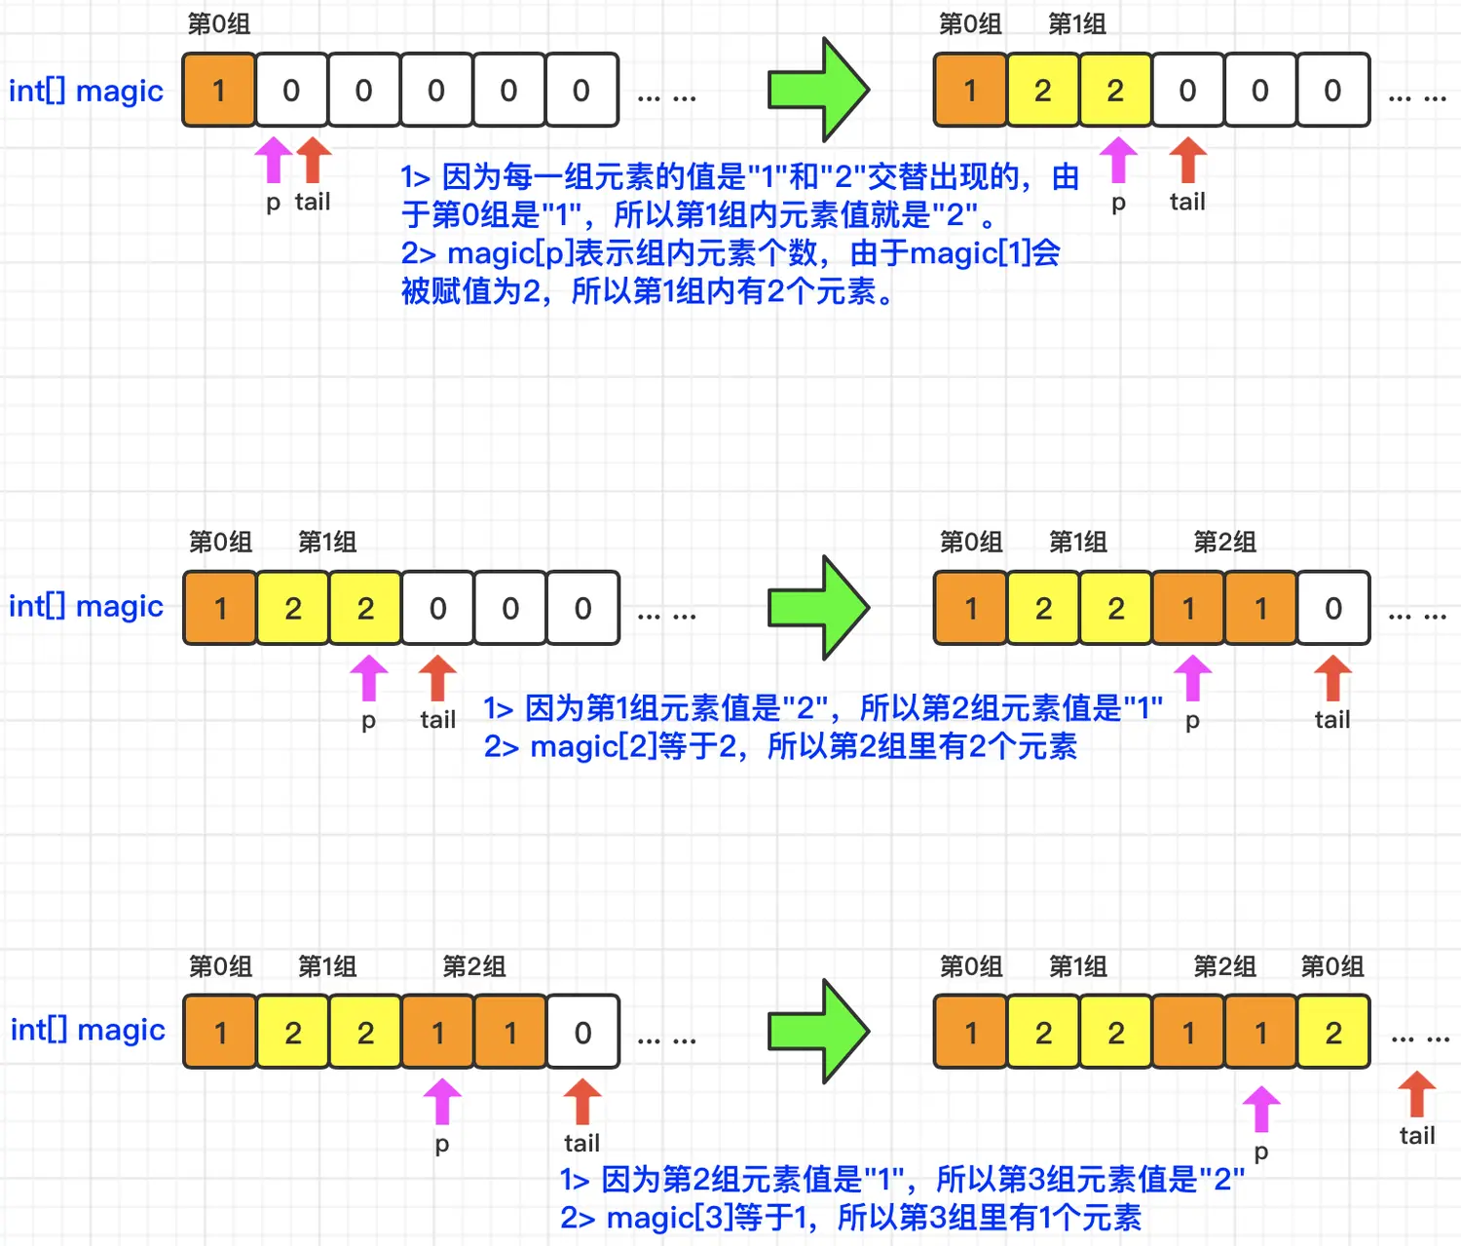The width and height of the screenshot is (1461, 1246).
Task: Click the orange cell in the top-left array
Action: coord(219,91)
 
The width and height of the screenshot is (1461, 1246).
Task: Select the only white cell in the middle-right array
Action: coord(1333,609)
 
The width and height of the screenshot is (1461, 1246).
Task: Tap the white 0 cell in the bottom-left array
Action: coord(582,1033)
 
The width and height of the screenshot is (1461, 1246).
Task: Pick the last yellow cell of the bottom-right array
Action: coord(1333,1033)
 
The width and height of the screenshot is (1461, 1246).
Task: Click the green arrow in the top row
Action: coord(818,90)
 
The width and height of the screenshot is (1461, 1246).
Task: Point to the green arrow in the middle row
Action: coord(818,608)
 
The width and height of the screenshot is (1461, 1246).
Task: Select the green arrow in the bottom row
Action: coord(818,1032)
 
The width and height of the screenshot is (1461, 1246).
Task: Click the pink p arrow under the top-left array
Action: coord(274,160)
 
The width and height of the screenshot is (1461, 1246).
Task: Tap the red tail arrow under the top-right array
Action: coord(1187,160)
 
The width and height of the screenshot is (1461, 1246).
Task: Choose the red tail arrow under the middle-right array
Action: coord(1332,678)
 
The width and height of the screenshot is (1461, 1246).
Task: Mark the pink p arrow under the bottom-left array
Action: coord(442,1102)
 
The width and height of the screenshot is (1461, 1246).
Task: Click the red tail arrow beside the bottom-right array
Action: coord(1417,1094)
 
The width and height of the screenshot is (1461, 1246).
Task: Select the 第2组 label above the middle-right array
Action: coord(1224,542)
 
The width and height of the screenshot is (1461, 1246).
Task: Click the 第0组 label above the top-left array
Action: coord(219,23)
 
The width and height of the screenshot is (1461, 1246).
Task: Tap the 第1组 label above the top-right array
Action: coord(1076,23)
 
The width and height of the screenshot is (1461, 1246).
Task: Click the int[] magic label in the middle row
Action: coord(86,606)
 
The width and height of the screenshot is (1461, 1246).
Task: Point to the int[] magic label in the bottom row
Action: coord(88,1030)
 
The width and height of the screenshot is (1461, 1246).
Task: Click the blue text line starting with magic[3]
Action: coord(850,1218)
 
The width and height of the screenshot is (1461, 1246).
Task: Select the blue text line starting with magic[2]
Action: coord(780,747)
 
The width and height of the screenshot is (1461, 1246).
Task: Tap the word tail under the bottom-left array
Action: coord(581,1143)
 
